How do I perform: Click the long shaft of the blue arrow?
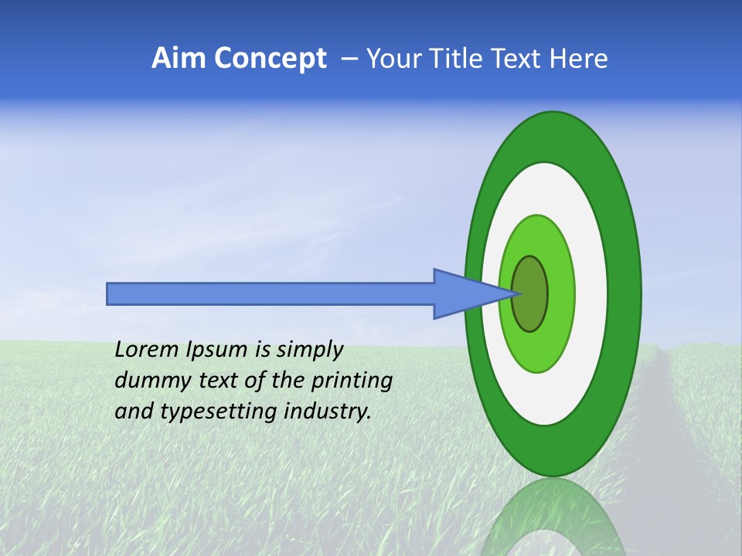(271, 294)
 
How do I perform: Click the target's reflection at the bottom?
(552, 517)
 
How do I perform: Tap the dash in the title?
(349, 59)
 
